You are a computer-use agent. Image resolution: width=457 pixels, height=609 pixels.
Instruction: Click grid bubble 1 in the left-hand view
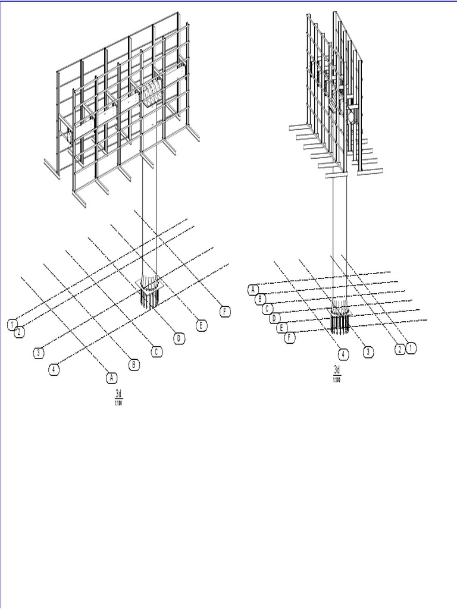(x=12, y=324)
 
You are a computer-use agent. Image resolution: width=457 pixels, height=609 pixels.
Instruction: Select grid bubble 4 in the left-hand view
(x=54, y=369)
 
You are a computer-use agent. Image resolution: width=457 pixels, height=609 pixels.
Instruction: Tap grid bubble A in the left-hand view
(x=111, y=377)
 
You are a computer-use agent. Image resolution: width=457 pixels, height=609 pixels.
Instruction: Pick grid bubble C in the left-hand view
(x=156, y=351)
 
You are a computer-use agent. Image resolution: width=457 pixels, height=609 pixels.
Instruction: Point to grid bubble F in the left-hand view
(x=224, y=312)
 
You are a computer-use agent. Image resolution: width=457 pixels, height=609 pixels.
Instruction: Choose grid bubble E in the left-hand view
(x=202, y=325)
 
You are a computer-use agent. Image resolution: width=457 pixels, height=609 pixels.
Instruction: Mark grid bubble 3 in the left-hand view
(x=37, y=353)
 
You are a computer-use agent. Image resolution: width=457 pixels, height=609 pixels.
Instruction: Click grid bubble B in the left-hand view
(x=134, y=365)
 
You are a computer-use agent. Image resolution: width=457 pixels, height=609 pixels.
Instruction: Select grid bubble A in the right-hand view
(x=253, y=290)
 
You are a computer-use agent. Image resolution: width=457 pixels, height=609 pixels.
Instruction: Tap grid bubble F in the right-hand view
(x=290, y=337)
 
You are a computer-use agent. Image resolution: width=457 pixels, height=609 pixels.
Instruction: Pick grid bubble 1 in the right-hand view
(x=411, y=349)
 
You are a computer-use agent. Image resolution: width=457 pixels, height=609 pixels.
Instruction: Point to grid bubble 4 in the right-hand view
(x=344, y=354)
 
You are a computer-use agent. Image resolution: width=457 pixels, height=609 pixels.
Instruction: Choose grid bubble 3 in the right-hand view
(x=368, y=352)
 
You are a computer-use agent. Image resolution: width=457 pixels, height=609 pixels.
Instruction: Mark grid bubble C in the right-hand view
(x=268, y=309)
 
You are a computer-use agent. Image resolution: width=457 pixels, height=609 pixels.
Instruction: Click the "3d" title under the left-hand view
(x=118, y=394)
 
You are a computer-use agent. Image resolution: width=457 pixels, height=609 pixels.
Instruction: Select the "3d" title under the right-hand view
(x=337, y=371)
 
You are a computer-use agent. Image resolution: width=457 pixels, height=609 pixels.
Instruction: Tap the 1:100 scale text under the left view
(x=118, y=404)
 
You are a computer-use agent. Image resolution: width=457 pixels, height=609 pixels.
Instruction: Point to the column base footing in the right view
(x=340, y=319)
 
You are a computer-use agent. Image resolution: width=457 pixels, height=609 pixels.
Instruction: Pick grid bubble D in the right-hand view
(x=274, y=318)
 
